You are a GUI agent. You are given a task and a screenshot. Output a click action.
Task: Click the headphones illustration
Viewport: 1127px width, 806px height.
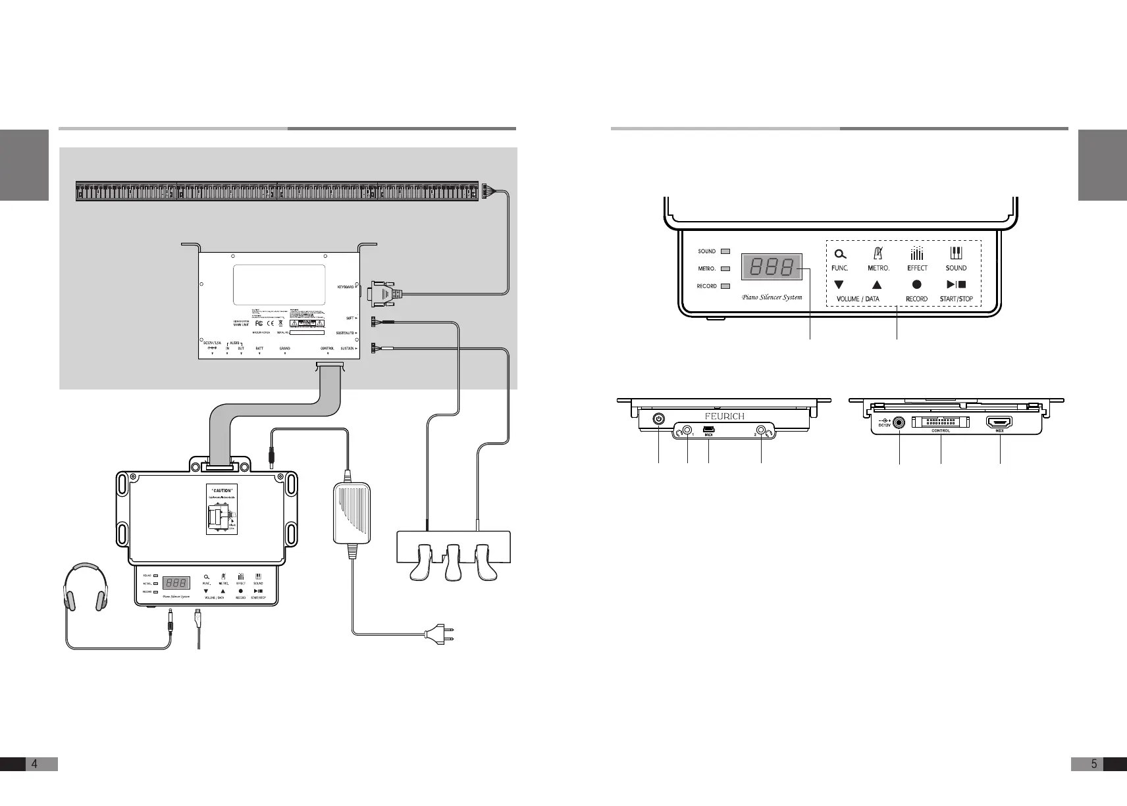pos(84,586)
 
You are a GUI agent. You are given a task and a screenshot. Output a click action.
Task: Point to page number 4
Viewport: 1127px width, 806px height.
pos(34,763)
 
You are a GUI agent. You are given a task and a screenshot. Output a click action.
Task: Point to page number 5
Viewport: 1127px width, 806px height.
pos(1094,763)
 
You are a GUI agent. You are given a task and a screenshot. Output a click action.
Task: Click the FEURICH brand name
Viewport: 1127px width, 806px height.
pos(725,416)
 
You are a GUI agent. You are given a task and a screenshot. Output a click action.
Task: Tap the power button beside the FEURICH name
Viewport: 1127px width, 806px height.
pos(659,418)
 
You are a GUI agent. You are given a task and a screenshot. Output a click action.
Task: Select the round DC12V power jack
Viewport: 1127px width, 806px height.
pos(899,423)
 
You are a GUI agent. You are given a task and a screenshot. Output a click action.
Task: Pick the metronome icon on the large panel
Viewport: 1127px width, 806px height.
pos(878,253)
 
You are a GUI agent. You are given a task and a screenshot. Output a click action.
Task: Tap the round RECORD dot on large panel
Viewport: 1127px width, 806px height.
pos(916,285)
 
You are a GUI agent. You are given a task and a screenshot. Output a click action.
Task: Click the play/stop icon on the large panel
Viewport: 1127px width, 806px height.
pos(956,285)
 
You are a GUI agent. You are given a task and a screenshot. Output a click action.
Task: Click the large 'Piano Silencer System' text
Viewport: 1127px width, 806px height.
pos(772,297)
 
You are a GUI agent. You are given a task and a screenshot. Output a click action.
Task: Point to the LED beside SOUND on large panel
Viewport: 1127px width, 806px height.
pos(725,251)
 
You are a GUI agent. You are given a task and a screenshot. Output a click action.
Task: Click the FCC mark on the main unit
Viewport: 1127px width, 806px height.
pos(259,324)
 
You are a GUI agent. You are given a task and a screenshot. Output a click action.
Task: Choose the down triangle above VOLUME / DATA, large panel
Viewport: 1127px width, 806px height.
pos(839,285)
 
